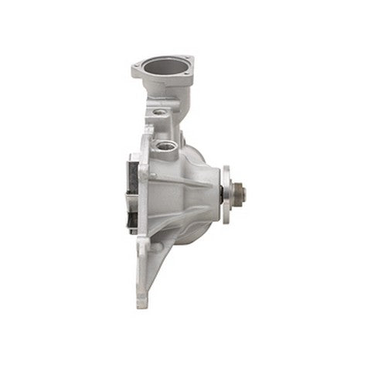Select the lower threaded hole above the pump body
(x=165, y=145)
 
